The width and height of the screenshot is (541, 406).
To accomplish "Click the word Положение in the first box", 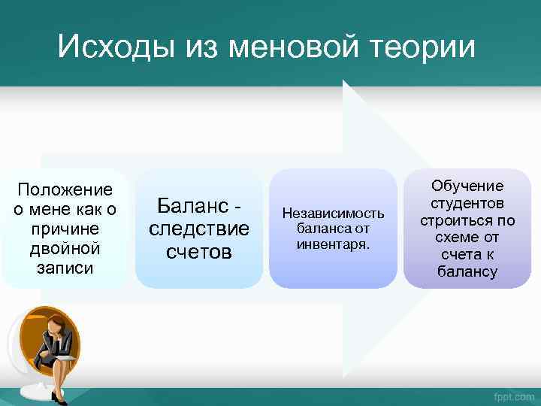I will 65,189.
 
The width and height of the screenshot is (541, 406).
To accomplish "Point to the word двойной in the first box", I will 65,247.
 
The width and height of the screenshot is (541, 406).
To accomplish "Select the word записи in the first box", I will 65,267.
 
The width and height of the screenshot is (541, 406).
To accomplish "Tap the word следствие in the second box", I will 199,228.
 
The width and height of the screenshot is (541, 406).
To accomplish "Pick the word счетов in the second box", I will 199,251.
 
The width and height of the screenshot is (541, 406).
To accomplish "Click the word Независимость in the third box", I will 333,214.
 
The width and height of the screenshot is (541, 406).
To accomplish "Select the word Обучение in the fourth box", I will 467,186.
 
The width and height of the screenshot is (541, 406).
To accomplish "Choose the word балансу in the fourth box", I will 467,271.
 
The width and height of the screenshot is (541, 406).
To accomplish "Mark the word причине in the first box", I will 65,228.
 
